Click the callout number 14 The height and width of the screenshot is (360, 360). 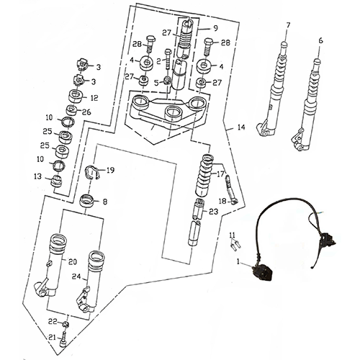241,127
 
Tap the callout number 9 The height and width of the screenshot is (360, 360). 215,28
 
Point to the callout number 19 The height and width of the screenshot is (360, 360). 110,171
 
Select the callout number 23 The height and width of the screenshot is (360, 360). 213,212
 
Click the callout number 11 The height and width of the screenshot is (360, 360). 232,235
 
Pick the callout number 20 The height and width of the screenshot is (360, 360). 73,261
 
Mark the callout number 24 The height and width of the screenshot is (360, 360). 76,276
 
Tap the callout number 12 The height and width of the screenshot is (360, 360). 94,98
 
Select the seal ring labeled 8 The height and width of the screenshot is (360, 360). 87,201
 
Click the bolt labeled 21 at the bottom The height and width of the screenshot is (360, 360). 63,339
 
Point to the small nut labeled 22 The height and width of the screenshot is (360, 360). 66,325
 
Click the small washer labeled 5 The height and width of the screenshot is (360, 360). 167,81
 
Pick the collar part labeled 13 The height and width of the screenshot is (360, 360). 57,181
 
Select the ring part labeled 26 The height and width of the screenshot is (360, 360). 71,110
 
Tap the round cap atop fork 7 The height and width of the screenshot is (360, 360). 284,45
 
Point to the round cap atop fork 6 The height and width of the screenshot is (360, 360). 318,61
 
